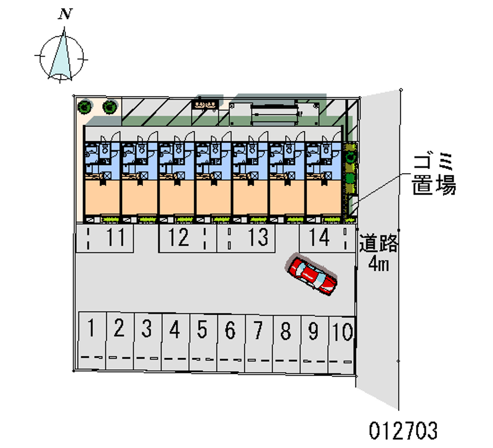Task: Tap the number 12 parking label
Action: click(179, 237)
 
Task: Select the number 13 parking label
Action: click(258, 237)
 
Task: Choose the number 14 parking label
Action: click(320, 237)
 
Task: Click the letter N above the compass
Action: click(63, 14)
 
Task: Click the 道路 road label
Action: click(379, 243)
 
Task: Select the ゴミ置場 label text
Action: click(434, 175)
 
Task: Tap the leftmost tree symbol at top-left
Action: click(83, 107)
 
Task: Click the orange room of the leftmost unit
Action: click(102, 197)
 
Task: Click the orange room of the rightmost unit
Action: click(324, 197)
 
